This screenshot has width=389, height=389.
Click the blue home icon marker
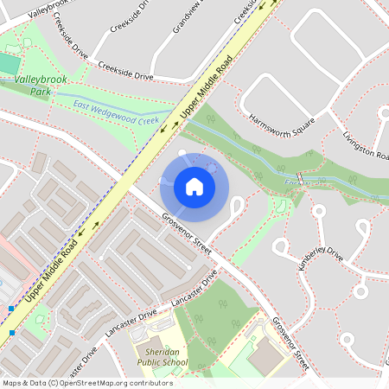tap(194, 187)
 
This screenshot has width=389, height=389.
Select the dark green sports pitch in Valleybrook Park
tap(8, 64)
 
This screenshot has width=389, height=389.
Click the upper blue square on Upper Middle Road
tap(11, 308)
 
